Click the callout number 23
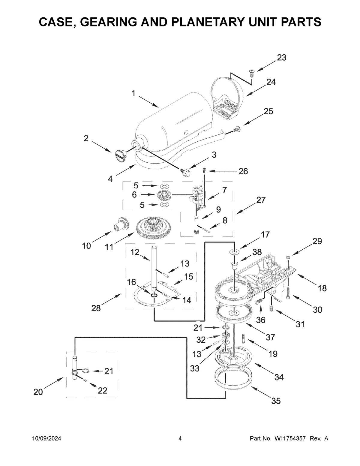(x=281, y=58)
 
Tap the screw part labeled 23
(x=251, y=72)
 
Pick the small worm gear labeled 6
(x=164, y=195)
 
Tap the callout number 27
(x=261, y=200)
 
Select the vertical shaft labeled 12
(x=154, y=267)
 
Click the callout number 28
(x=96, y=308)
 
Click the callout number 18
(x=322, y=288)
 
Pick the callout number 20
(x=38, y=392)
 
